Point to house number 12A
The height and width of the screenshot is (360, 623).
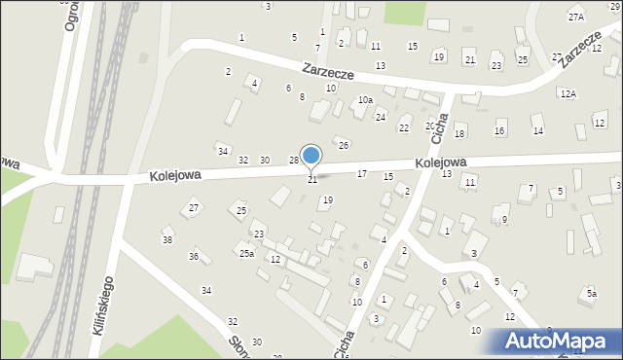[568, 93]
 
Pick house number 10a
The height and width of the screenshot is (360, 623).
[365, 100]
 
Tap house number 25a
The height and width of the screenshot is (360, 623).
[247, 253]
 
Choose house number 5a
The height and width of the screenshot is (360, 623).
[591, 293]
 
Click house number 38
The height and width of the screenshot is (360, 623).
[167, 240]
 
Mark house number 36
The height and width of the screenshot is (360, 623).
[194, 257]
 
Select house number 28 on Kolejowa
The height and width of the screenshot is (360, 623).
[293, 161]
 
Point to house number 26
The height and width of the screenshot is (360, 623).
[344, 145]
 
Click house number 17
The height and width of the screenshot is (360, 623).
[361, 173]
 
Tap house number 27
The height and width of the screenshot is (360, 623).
[194, 208]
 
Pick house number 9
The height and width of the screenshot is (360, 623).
[504, 220]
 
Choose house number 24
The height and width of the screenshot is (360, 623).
[382, 117]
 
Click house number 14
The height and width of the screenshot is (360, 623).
[537, 130]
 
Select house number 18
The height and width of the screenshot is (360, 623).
[459, 133]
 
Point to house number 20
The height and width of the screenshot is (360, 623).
[429, 126]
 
